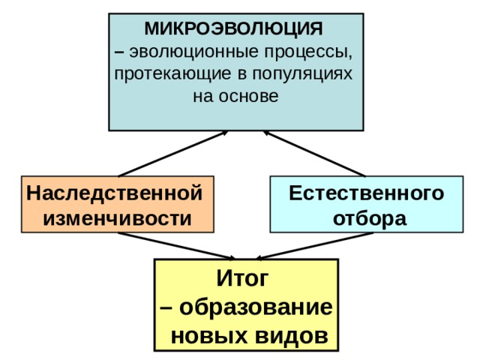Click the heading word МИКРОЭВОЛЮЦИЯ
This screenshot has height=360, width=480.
click(x=233, y=29)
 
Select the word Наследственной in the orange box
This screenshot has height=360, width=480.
click(x=114, y=193)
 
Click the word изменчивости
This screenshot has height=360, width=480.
click(x=118, y=217)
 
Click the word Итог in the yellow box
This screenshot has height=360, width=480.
click(x=241, y=279)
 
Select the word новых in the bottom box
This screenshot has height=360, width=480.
click(x=206, y=334)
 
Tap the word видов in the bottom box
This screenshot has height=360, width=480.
click(x=289, y=334)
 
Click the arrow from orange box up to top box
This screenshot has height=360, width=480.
click(x=172, y=154)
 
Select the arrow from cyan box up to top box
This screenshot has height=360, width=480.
click(x=314, y=154)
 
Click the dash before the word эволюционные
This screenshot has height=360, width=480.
click(x=120, y=52)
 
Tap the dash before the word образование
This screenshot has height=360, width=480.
click(x=166, y=308)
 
